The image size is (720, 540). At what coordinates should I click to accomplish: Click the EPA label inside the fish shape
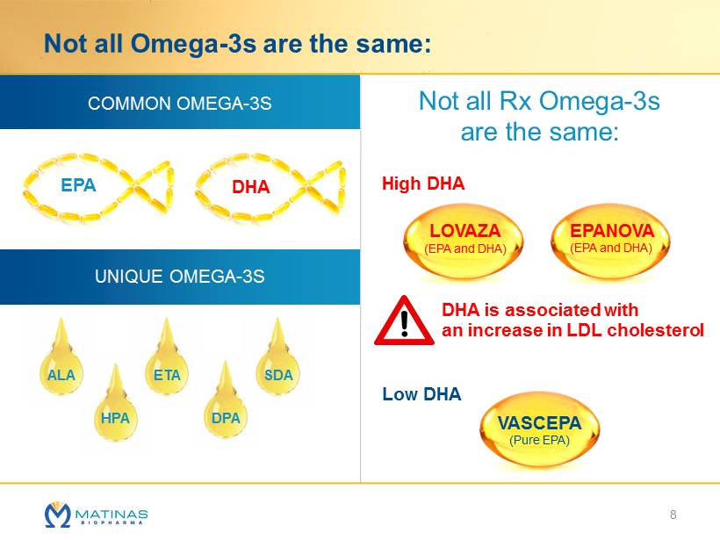[x=78, y=185]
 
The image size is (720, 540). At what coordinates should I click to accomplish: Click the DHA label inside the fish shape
[x=250, y=187]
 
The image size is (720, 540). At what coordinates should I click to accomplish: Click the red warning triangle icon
[x=403, y=321]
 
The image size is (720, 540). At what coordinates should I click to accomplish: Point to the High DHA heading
[x=423, y=184]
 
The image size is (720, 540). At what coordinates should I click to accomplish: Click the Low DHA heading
[x=421, y=394]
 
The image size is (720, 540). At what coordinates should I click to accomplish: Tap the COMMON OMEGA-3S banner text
[x=179, y=104]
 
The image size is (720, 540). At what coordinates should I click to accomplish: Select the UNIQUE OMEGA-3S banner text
[x=179, y=277]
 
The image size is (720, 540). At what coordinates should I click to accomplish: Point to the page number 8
[x=673, y=514]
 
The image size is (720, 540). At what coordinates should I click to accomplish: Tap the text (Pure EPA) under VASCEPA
[x=539, y=441]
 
